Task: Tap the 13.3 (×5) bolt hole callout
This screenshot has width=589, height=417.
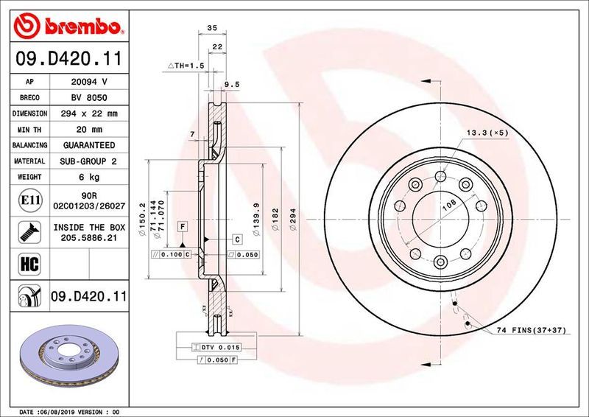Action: click(x=487, y=133)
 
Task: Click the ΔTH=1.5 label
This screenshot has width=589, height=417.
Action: click(x=186, y=66)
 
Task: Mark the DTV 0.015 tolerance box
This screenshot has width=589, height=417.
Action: click(x=215, y=346)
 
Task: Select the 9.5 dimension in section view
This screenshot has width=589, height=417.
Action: click(x=232, y=85)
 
